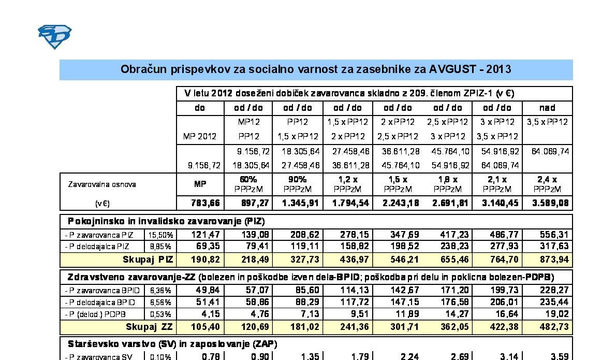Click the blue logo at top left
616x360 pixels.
(x=54, y=37)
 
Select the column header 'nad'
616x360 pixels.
(x=547, y=108)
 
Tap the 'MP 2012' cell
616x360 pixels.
(x=199, y=136)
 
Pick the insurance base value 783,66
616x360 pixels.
(x=199, y=203)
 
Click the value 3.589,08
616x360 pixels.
(x=547, y=203)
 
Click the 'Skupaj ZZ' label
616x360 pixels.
(x=149, y=326)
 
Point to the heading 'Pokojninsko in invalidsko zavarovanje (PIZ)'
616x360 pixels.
(x=167, y=221)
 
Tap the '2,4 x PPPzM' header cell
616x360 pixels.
(x=547, y=184)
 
